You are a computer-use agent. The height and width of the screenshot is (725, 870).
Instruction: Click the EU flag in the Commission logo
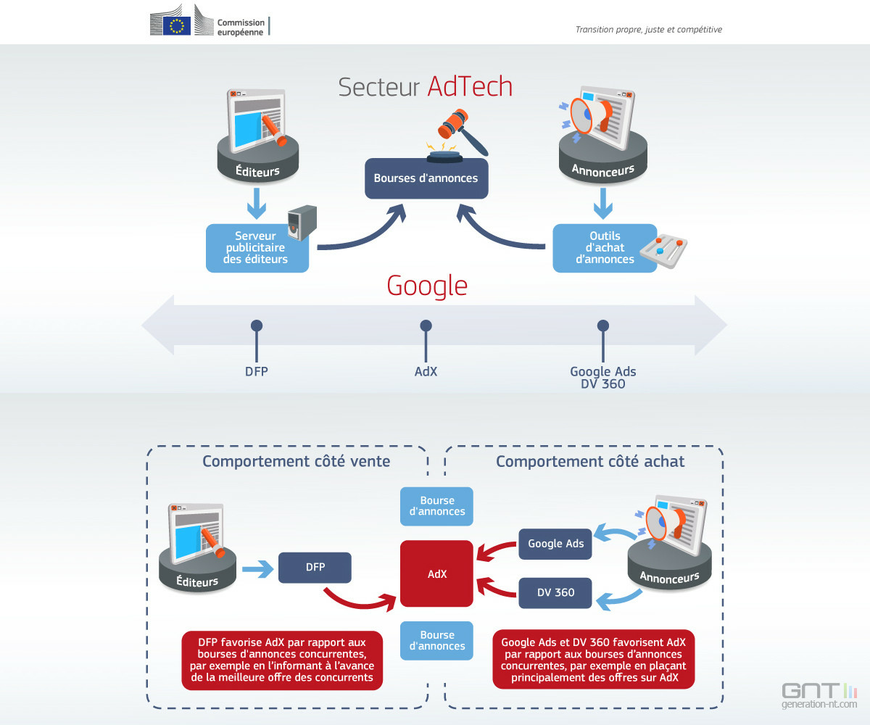tap(177, 26)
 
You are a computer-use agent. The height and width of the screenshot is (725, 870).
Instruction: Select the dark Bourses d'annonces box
tap(426, 178)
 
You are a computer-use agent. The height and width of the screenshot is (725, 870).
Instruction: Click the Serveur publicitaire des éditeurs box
tap(257, 249)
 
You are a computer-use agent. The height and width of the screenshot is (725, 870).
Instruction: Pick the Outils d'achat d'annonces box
tap(605, 249)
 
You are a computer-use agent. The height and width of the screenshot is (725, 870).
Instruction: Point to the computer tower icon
tap(302, 223)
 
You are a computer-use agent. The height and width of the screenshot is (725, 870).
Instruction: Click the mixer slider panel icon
tap(663, 251)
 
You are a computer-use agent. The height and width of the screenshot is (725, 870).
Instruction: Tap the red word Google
tap(427, 286)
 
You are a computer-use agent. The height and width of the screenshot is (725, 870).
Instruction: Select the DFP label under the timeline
tap(256, 371)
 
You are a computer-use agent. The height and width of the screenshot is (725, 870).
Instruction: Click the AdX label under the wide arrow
tap(426, 371)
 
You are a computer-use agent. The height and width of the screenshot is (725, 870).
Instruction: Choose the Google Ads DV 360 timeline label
tap(603, 378)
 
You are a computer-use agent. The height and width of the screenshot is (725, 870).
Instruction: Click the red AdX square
tap(436, 573)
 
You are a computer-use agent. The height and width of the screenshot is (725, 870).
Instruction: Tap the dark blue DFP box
tap(315, 567)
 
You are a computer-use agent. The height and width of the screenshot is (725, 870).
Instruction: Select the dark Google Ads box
tap(555, 544)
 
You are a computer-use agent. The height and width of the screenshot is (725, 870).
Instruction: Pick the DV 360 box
tap(555, 592)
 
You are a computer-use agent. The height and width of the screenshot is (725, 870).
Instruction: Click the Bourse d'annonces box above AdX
tap(436, 506)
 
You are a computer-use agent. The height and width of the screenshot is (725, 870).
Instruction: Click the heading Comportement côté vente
tap(297, 461)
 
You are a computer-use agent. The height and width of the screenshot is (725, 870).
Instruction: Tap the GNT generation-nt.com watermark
tap(819, 695)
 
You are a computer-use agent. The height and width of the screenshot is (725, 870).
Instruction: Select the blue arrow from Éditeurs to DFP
tap(257, 568)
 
